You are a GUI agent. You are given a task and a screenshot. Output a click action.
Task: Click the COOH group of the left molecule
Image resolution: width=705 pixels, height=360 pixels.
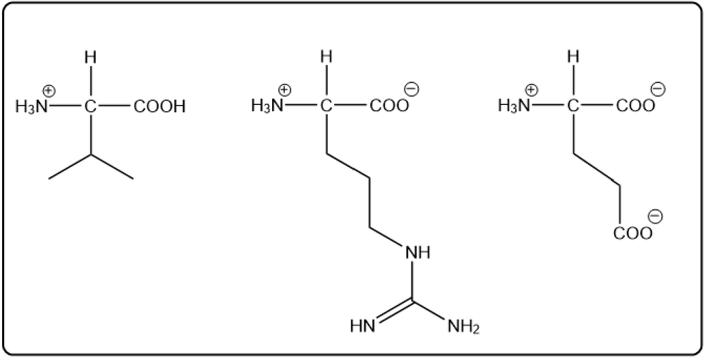(x=159, y=106)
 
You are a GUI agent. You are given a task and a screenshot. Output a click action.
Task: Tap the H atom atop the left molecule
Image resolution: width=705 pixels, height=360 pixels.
(x=90, y=58)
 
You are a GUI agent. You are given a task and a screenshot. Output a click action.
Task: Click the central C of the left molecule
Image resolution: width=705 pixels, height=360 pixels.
(x=90, y=106)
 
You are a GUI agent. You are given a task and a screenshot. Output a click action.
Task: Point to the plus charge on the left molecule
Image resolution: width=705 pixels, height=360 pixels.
(x=50, y=92)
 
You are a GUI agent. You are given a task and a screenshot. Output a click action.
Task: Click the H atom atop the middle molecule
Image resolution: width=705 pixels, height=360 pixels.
(x=327, y=58)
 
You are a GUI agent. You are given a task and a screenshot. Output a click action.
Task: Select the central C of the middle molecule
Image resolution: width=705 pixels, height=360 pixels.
(x=327, y=106)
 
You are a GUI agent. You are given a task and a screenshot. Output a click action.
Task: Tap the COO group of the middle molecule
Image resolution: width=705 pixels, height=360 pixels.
(x=389, y=106)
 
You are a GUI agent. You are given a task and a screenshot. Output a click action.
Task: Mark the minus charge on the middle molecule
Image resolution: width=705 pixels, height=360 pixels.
(x=412, y=89)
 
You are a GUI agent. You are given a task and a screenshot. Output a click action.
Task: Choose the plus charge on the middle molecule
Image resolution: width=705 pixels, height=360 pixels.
(x=285, y=90)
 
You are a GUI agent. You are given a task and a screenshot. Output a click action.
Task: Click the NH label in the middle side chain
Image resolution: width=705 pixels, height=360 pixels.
(x=417, y=253)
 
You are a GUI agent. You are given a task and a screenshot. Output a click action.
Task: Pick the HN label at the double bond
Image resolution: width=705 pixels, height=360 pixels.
(x=362, y=326)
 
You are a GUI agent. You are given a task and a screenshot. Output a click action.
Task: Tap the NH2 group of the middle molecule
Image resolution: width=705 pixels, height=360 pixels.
(x=464, y=326)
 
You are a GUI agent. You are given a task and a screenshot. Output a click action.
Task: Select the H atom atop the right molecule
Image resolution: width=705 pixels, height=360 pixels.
(x=573, y=57)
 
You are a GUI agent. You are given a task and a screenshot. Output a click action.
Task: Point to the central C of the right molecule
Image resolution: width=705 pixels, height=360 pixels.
(x=573, y=106)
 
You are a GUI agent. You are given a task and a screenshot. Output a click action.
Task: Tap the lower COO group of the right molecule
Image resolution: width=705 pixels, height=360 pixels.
(x=632, y=234)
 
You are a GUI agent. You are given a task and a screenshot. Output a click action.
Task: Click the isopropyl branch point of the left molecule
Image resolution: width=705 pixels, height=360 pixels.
(x=91, y=154)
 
